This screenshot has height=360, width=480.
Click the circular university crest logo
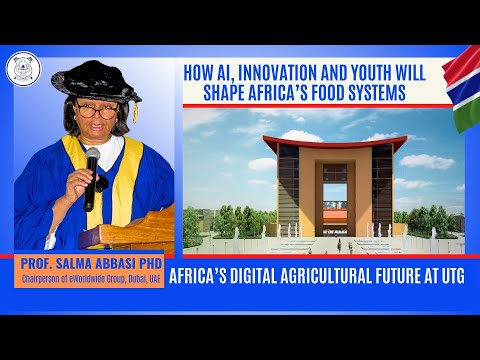click(x=21, y=67)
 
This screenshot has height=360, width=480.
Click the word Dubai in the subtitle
click(x=144, y=279)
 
